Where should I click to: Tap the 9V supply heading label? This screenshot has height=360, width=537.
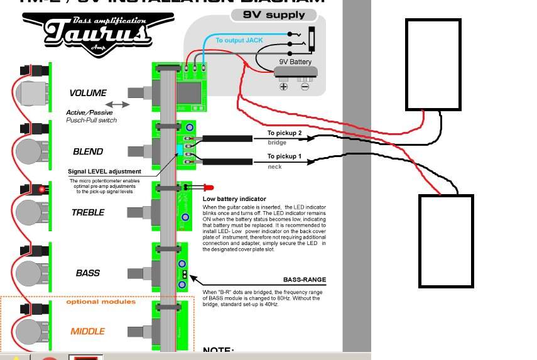(277, 14)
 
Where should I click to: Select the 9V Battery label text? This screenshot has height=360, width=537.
(295, 62)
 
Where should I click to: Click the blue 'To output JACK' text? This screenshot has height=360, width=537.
(239, 40)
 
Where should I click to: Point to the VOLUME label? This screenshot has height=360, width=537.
(88, 93)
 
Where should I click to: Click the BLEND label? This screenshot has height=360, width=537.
(88, 151)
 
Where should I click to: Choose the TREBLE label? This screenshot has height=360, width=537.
(88, 212)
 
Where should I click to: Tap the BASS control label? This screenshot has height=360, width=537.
(88, 273)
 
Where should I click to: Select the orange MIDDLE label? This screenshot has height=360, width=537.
(88, 331)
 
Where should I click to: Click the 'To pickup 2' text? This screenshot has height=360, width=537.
(285, 133)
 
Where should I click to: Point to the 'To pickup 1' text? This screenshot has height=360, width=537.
(285, 156)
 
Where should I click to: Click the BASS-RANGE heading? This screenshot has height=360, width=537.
(305, 280)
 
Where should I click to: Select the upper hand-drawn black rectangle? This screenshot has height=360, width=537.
(433, 64)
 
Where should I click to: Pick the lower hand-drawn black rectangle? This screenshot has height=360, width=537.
(446, 241)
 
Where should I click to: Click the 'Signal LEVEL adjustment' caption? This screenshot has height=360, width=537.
(104, 172)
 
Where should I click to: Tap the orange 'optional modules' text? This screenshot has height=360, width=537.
(100, 302)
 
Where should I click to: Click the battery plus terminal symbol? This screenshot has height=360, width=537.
(283, 85)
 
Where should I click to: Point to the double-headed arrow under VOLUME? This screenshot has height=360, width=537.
(118, 104)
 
